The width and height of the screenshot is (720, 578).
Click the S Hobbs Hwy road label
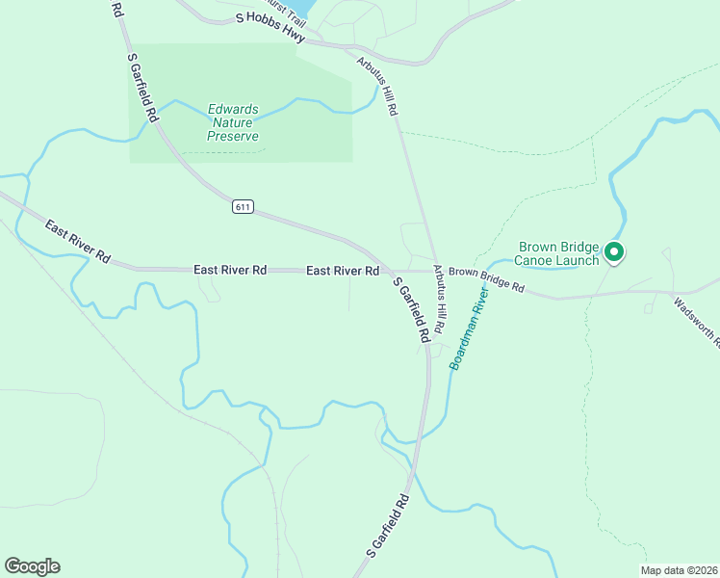270,26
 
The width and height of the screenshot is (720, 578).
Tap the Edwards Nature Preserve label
233,122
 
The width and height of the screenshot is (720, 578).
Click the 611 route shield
243,207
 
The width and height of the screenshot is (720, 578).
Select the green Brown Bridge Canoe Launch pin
614,253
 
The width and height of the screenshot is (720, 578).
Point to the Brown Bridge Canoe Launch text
558,253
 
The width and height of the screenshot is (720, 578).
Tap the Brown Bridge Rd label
486,280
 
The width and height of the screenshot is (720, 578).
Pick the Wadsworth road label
695,322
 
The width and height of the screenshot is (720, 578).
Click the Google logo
32,566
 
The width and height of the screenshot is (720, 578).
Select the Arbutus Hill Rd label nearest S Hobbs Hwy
376,86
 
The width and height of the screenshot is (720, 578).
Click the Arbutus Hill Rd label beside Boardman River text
441,299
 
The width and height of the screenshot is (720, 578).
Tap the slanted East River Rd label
77,243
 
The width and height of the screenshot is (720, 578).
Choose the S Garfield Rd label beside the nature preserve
142,87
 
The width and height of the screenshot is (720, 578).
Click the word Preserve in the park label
233,136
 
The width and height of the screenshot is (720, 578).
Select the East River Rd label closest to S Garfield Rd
342,271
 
